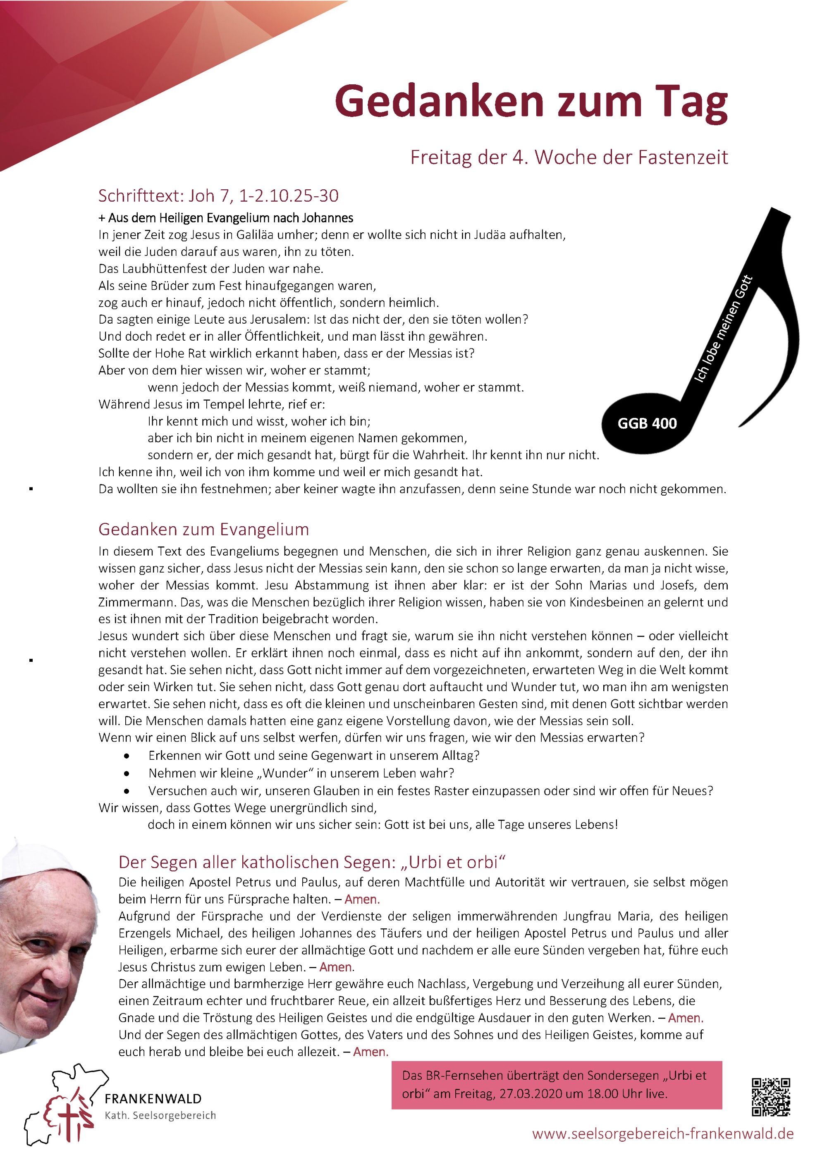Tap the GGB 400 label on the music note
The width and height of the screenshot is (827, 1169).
pos(647,424)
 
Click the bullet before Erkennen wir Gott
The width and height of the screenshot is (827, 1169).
pos(126,756)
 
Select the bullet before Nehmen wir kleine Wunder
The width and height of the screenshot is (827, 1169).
pos(126,774)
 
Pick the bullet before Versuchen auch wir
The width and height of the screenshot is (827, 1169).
pos(126,792)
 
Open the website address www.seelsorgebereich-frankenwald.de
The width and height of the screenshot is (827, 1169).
pos(662,1134)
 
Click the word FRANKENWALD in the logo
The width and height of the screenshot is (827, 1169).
pos(153,1099)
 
